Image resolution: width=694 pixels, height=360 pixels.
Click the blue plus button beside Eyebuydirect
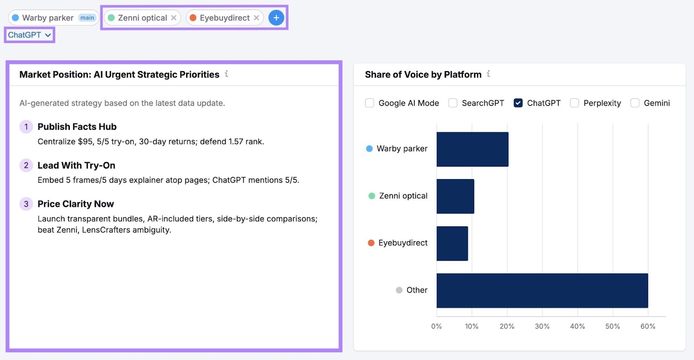pyautogui.click(x=276, y=18)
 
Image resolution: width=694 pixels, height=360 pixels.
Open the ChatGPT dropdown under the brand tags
pyautogui.click(x=29, y=35)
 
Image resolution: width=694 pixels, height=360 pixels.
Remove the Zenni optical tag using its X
pyautogui.click(x=173, y=18)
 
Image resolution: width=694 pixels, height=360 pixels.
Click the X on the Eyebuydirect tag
pyautogui.click(x=256, y=18)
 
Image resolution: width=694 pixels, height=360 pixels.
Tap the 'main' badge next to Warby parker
pyautogui.click(x=87, y=18)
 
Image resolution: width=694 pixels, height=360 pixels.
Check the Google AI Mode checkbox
pyautogui.click(x=370, y=103)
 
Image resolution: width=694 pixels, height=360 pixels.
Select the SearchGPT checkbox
pyautogui.click(x=453, y=103)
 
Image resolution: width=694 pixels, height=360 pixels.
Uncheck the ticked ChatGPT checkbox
pyautogui.click(x=518, y=103)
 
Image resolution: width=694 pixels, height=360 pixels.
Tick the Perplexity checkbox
pyautogui.click(x=574, y=103)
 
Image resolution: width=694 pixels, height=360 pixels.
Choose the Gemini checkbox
pyautogui.click(x=635, y=103)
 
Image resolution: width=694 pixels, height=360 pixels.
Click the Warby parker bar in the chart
pyautogui.click(x=472, y=149)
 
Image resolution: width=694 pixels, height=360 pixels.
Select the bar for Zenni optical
pyautogui.click(x=455, y=196)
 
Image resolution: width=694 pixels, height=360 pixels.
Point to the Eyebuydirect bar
pyautogui.click(x=452, y=243)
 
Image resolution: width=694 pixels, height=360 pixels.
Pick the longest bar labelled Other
pyautogui.click(x=542, y=290)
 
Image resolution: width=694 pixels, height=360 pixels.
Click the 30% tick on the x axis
pyautogui.click(x=542, y=326)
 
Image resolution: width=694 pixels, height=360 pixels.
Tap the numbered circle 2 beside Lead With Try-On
pyautogui.click(x=26, y=165)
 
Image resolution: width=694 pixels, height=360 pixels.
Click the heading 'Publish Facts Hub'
pyautogui.click(x=77, y=127)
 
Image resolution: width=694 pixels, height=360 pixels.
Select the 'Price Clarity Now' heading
pyautogui.click(x=75, y=204)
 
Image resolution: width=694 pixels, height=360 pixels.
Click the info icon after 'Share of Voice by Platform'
pyautogui.click(x=488, y=74)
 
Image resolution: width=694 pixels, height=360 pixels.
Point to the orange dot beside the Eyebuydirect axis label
pyautogui.click(x=371, y=243)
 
